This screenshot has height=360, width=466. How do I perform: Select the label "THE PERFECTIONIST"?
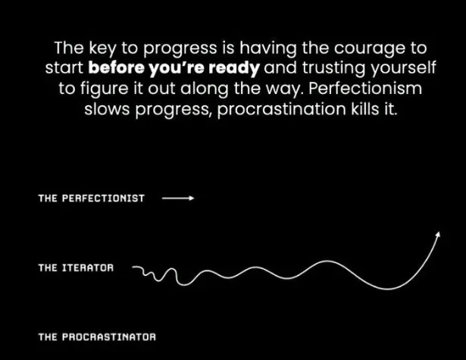(x=91, y=199)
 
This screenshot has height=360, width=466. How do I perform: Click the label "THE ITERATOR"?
(x=76, y=268)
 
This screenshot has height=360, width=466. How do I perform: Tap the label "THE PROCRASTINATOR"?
(x=97, y=334)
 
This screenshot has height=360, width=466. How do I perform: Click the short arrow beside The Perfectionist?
(x=178, y=199)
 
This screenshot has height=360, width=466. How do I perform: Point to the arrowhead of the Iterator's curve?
(x=438, y=235)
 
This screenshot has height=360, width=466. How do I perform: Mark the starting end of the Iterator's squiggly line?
(x=133, y=267)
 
